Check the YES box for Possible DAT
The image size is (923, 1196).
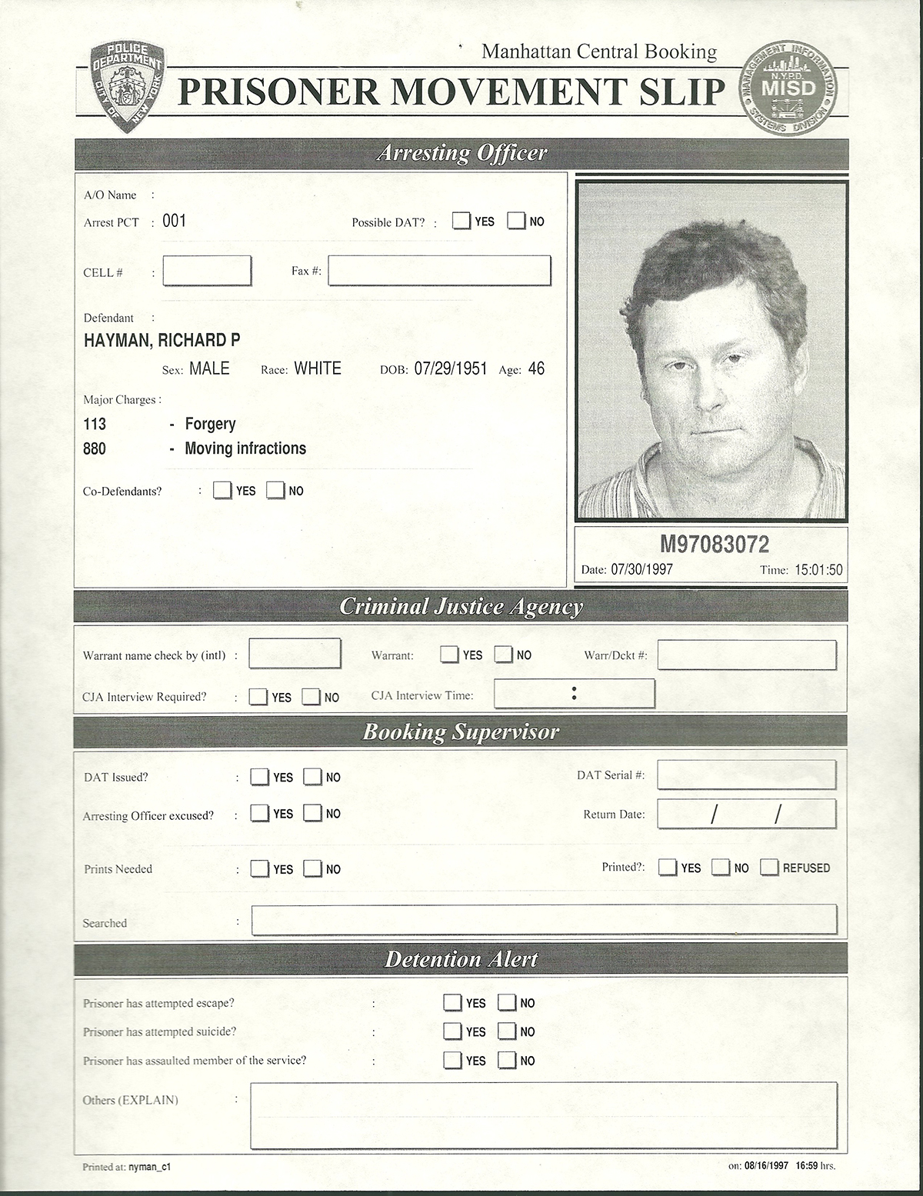point(461,221)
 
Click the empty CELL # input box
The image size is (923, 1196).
point(207,271)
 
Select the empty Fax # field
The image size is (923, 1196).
point(439,271)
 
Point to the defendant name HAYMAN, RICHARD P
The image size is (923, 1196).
point(162,340)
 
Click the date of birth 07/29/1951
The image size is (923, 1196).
point(451,368)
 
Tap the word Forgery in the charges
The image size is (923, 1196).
point(210,424)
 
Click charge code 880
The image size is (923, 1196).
point(95,448)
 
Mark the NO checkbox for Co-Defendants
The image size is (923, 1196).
point(275,490)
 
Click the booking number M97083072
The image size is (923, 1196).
point(715,545)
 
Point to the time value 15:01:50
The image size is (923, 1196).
point(818,570)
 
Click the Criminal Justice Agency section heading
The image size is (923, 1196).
point(461,607)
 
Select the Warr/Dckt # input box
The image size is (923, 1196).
point(746,655)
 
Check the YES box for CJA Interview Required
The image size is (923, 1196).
point(258,697)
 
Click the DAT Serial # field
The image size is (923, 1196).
point(746,775)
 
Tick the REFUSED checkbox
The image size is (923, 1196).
point(769,868)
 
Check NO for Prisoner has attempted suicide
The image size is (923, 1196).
point(506,1031)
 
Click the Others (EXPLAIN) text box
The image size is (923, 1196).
point(543,1115)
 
